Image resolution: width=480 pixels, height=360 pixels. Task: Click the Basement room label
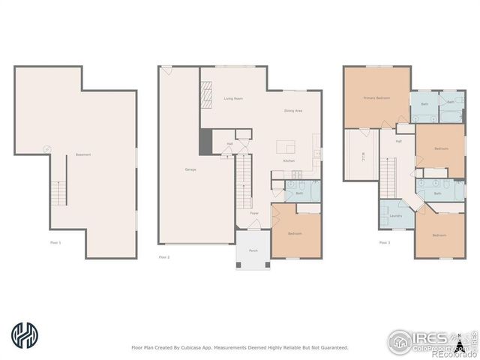point(82,155)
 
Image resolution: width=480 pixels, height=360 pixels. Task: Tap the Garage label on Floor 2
point(190,169)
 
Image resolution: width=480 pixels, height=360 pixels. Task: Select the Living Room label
point(233,98)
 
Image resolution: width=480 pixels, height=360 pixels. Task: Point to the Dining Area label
point(293,111)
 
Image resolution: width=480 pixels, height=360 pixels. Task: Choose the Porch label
point(253,250)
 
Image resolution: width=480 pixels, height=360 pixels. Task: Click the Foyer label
point(254,213)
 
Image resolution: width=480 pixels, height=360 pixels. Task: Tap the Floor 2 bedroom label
point(295,233)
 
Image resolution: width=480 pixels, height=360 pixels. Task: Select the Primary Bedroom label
point(376,98)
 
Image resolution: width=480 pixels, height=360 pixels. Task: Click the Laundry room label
point(396,216)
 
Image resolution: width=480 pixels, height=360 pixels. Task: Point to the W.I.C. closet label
point(359,157)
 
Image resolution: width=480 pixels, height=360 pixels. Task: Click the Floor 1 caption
point(55,242)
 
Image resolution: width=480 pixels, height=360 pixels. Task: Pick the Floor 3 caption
point(384,242)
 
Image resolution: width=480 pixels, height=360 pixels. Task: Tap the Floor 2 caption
point(164,257)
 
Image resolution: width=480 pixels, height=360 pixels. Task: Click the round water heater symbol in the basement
point(47,149)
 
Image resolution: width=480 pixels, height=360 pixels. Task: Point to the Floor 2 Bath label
point(299,193)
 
